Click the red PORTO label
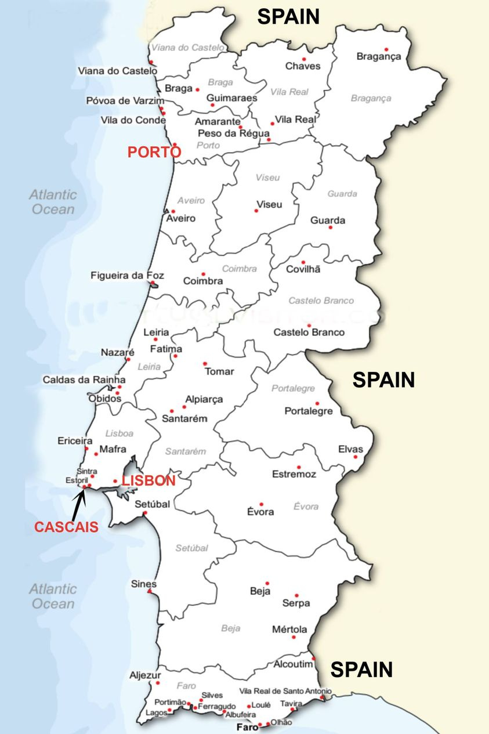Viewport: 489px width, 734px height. [x=154, y=152]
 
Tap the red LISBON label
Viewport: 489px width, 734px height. [x=148, y=480]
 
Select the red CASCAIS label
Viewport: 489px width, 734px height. [x=66, y=527]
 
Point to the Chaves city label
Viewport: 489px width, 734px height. [x=302, y=66]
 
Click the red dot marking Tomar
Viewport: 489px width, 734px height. [x=205, y=364]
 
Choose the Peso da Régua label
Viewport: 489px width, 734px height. [x=234, y=133]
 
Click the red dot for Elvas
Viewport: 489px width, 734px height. [x=355, y=457]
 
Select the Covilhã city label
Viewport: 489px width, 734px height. [x=303, y=269]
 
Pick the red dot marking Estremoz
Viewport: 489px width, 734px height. [x=299, y=467]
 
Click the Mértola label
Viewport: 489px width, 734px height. [x=289, y=630]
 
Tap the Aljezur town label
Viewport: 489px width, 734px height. [x=145, y=675]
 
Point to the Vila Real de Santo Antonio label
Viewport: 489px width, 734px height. [x=285, y=691]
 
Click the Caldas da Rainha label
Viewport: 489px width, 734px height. [x=83, y=379]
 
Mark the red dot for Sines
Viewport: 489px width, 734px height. [x=150, y=591]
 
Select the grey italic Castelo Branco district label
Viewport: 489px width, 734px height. [x=321, y=301]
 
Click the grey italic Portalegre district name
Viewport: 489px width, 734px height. [x=293, y=388]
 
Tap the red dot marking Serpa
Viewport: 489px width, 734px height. [x=296, y=595]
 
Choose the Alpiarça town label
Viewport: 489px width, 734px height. [x=204, y=399]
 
